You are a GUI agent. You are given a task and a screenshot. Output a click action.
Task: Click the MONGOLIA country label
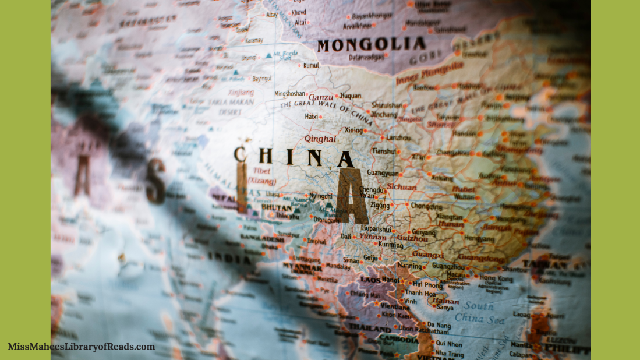(371, 45)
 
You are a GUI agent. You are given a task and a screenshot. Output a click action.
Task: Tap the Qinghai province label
(320, 139)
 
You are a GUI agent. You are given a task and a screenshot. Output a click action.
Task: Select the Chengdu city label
(372, 190)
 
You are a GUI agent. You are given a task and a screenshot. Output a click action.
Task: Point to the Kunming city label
(390, 245)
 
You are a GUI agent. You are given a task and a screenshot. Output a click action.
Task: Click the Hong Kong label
(496, 278)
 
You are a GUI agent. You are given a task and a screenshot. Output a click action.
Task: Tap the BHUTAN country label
(277, 207)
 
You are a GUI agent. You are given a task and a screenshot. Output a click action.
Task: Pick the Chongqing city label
(426, 206)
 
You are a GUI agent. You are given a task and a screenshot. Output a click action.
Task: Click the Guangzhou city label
(448, 266)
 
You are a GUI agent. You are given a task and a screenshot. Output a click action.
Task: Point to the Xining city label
(353, 130)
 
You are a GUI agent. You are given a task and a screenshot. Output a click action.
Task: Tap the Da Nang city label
(439, 324)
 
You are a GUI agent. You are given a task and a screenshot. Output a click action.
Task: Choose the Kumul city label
(311, 65)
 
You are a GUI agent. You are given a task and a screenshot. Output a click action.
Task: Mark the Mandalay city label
(338, 266)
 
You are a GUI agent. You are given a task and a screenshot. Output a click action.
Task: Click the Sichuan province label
(402, 187)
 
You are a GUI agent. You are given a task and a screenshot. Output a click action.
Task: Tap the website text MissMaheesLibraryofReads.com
(82, 347)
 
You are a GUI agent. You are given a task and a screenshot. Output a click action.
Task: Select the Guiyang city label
(423, 232)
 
